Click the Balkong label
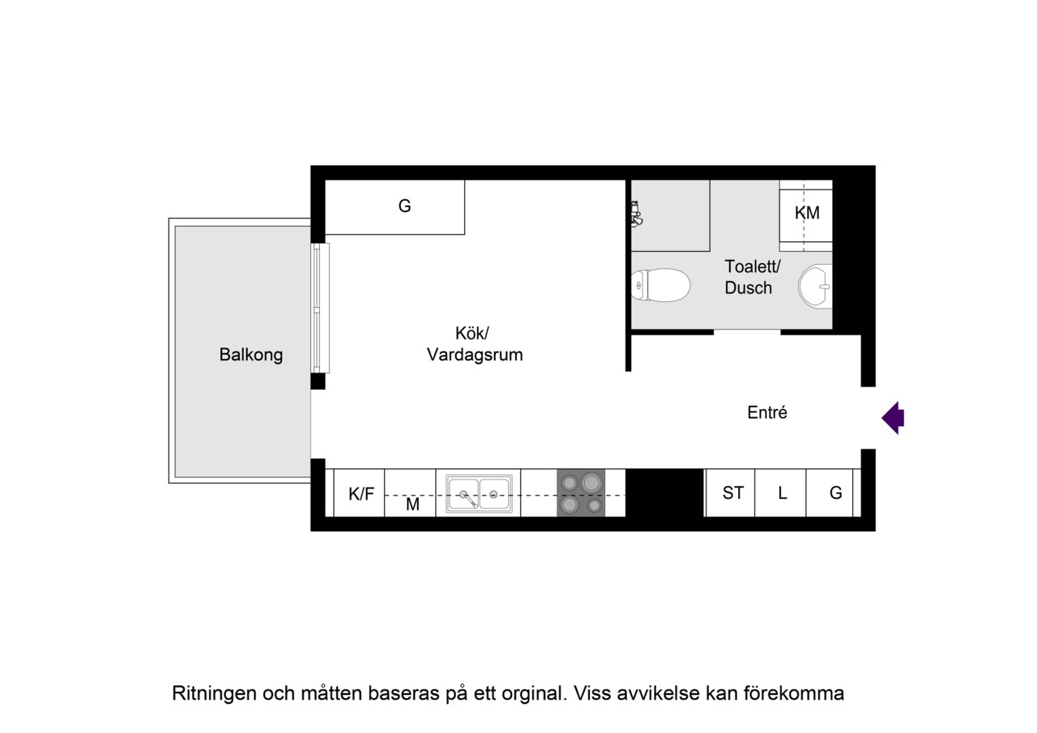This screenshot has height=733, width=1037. coord(251,355)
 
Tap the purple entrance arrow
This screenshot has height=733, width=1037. coord(893,418)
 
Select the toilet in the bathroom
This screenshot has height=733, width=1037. coord(660,285)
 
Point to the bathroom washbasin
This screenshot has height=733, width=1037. coord(815,286)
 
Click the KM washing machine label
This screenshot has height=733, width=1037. coord(807,213)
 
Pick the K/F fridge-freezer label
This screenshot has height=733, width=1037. coord(361,494)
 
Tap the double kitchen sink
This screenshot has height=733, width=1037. coord(479,494)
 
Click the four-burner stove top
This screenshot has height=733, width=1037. coord(581,492)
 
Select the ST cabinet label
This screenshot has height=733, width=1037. coord(733,493)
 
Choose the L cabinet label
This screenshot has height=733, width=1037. coord(783,493)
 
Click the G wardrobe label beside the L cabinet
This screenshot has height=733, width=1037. coord(835,493)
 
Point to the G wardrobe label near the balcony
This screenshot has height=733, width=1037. coord(404,206)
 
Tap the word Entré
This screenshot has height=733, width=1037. coord(767,412)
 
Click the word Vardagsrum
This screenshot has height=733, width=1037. coord(475,355)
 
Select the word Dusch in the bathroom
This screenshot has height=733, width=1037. coord(748,288)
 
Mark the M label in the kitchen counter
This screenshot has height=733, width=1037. coord(412,505)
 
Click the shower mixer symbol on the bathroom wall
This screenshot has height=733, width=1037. coord(637,215)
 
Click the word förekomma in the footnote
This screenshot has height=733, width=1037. coord(794,693)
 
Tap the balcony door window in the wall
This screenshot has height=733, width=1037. coord(320,309)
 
